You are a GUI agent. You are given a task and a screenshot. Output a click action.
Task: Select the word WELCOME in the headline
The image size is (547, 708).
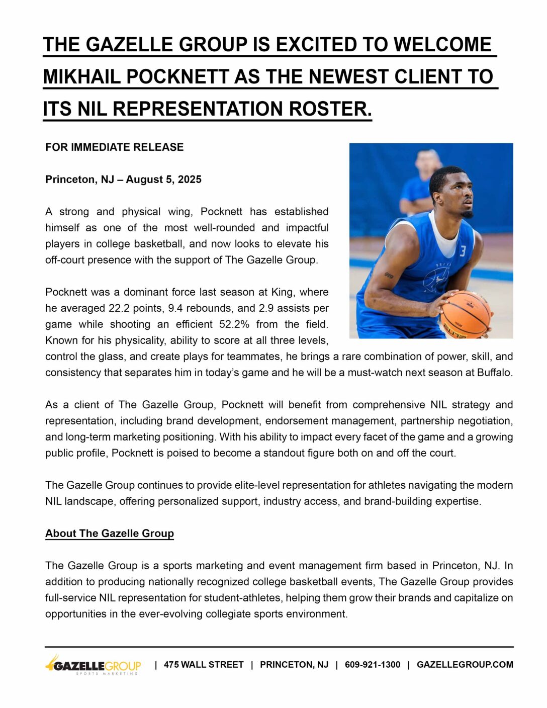[442, 45]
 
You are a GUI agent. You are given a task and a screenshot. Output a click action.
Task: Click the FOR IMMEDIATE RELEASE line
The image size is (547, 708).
[114, 147]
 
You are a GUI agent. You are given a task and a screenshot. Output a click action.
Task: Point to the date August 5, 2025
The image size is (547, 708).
[163, 180]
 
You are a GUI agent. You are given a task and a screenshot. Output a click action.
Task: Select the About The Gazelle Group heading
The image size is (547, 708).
[110, 534]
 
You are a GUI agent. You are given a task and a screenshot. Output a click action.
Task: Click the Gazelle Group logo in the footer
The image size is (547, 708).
[94, 665]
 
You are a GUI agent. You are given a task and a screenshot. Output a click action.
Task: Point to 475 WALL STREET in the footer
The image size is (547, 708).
[204, 665]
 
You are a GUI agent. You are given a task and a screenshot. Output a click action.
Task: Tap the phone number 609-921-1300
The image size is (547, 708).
[373, 665]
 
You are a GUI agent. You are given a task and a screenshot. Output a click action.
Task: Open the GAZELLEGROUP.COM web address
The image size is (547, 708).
[465, 665]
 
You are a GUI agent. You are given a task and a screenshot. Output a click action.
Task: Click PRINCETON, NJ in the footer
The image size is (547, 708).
[294, 665]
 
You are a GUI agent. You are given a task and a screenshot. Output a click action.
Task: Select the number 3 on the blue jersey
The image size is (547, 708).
[463, 250]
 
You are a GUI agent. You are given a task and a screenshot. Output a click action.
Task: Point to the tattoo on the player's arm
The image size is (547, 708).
[389, 275]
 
